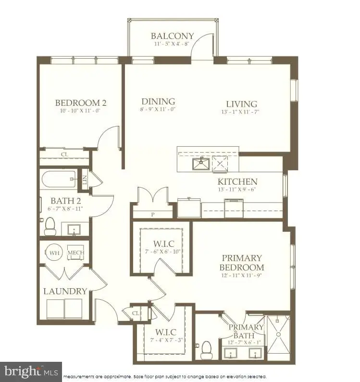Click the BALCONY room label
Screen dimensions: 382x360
(x=172, y=36)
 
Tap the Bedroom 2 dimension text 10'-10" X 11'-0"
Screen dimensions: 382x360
(x=80, y=111)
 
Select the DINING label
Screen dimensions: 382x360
(x=158, y=102)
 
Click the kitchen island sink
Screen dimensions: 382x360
(x=200, y=164)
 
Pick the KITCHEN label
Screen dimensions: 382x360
(x=237, y=182)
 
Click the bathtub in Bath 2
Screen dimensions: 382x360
(x=59, y=179)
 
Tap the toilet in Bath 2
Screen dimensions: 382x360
(x=50, y=227)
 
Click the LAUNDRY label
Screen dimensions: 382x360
(x=65, y=291)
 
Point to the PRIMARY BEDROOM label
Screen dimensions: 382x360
(x=241, y=263)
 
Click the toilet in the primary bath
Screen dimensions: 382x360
(x=207, y=350)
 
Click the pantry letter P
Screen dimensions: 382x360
(x=152, y=215)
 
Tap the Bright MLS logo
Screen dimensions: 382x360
(x=31, y=371)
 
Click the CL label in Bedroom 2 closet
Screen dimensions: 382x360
(x=64, y=155)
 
